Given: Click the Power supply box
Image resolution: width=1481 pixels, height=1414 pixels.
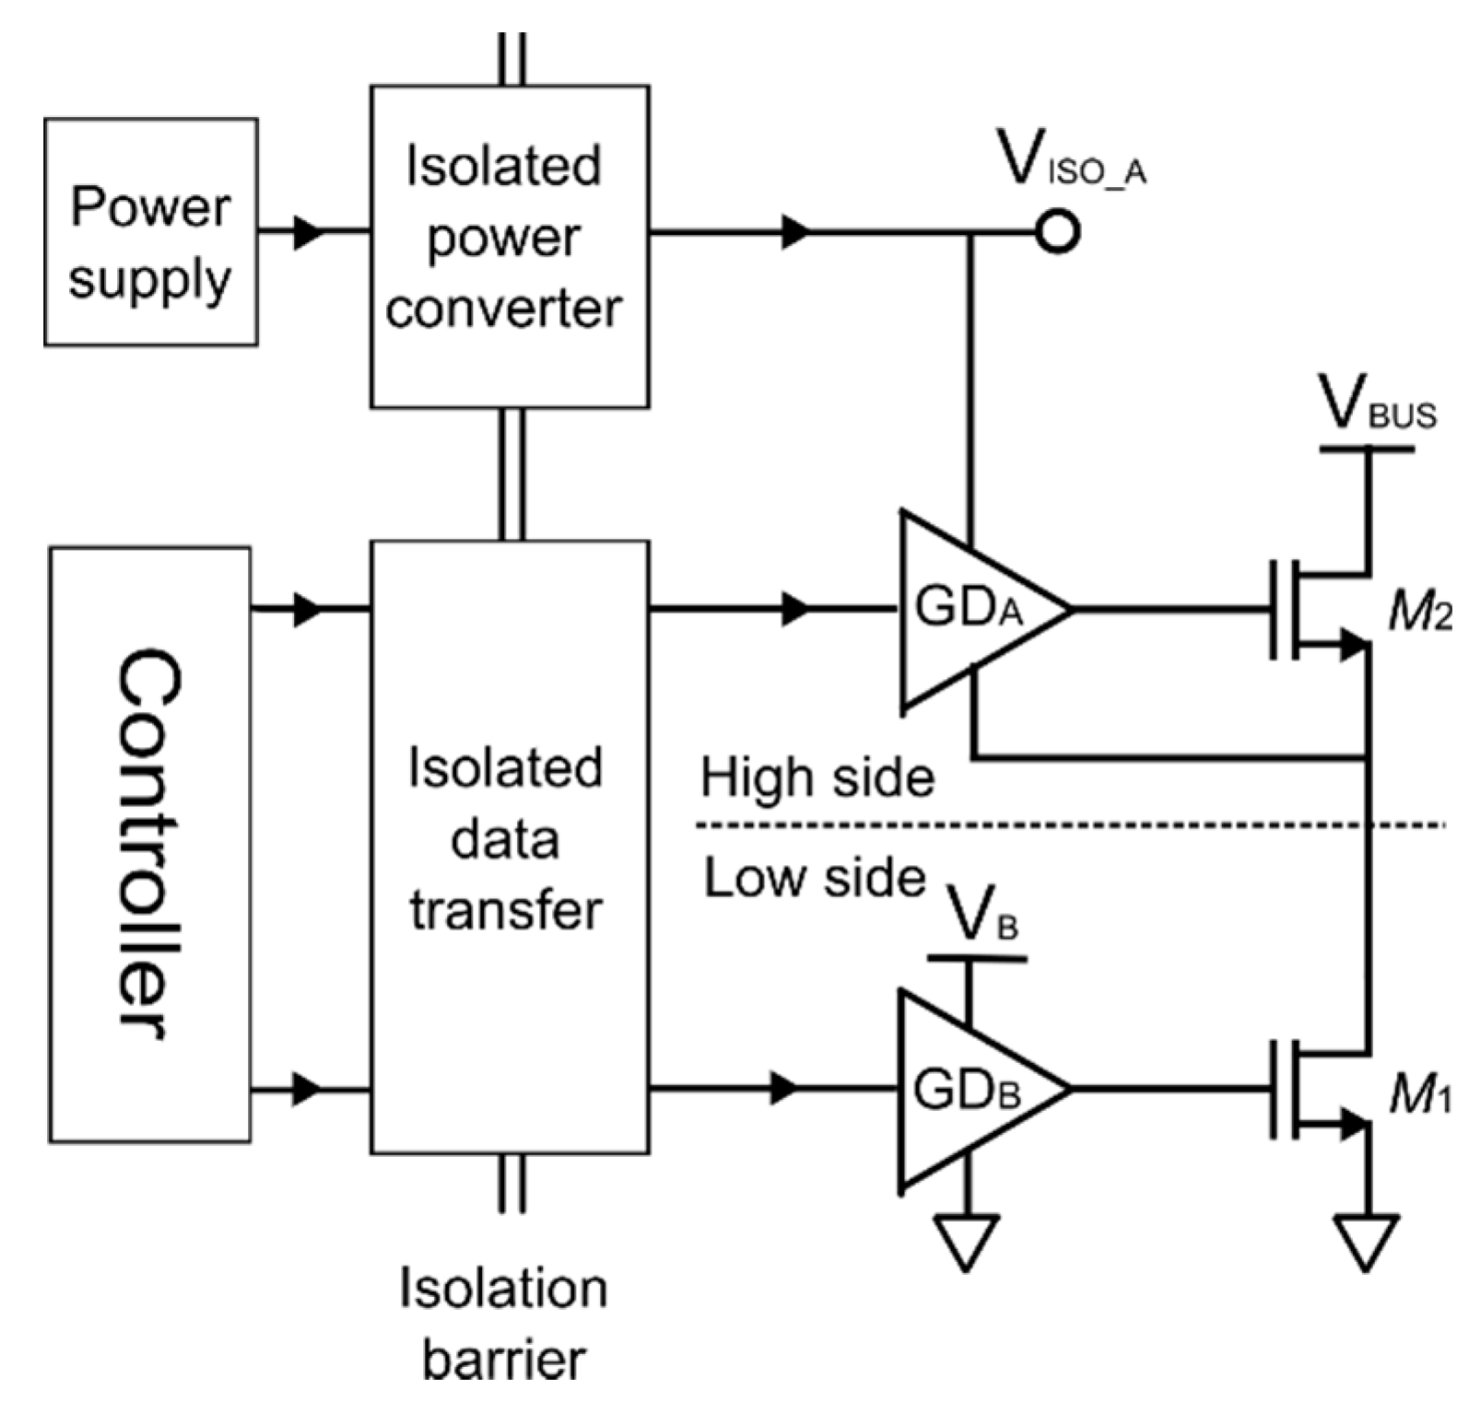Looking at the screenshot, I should click(x=150, y=232).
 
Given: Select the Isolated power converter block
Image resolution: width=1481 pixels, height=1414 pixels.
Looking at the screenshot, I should click(x=509, y=246).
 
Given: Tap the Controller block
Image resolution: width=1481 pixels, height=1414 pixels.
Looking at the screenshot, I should click(x=149, y=845).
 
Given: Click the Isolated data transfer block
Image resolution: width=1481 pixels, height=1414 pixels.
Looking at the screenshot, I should click(x=509, y=846).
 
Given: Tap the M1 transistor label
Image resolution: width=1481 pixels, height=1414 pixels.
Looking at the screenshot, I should click(x=1419, y=1094).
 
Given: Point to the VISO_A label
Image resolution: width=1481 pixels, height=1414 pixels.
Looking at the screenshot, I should click(x=1071, y=163).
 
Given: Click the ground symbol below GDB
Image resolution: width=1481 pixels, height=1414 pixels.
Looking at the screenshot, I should click(x=966, y=1240).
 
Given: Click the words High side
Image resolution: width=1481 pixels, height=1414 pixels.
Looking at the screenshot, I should click(x=817, y=777).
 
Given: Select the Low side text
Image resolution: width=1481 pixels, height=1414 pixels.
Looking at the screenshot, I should click(x=815, y=878).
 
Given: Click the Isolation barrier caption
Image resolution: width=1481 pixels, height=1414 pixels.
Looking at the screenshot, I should click(x=504, y=1323).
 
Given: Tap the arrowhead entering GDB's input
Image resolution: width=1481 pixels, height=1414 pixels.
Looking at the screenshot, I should click(x=784, y=1088).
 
